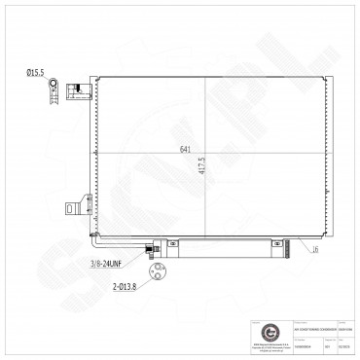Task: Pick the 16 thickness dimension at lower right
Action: tap(315, 250)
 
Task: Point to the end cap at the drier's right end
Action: tap(289, 250)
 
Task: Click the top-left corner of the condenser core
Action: tap(94, 78)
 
